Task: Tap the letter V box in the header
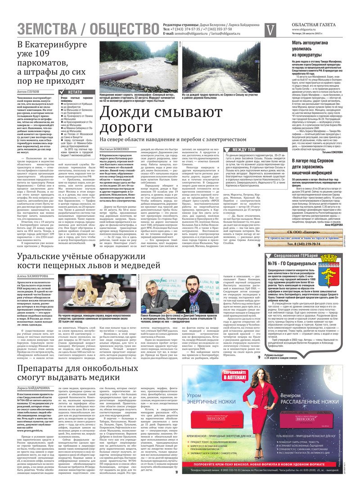coord(270,30)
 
